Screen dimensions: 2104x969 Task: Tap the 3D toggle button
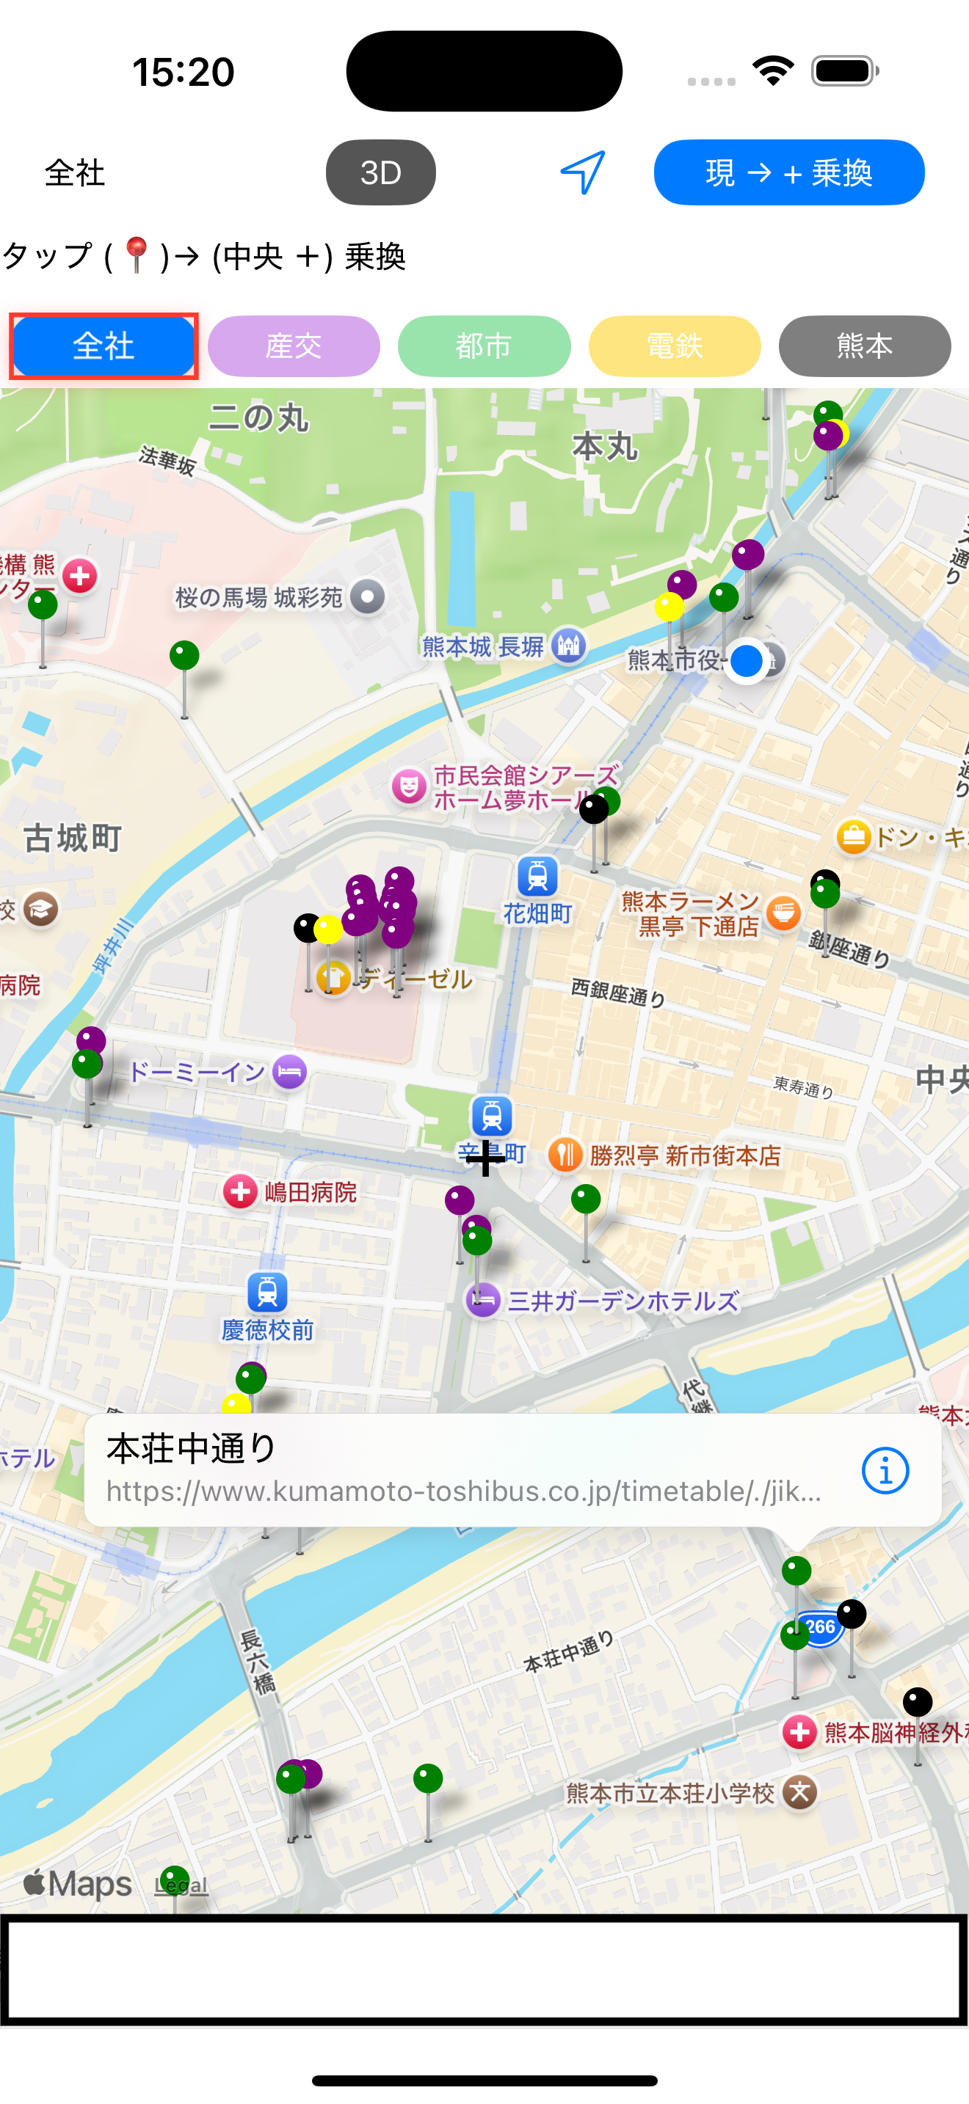[381, 172]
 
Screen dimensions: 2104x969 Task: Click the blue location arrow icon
[583, 172]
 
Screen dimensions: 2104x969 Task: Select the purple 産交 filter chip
[294, 346]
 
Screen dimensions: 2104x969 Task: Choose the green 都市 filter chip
[484, 346]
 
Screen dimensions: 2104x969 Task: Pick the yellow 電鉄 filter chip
[674, 346]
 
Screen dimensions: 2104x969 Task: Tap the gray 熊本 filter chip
[865, 346]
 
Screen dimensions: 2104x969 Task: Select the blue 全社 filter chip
[104, 346]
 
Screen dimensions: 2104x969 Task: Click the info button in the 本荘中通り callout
[885, 1470]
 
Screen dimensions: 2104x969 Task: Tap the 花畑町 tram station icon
[537, 877]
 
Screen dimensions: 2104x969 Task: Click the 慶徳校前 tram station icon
[267, 1292]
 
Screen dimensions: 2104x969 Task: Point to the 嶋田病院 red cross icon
[240, 1191]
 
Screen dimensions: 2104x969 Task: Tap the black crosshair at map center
[485, 1158]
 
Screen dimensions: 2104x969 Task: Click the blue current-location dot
[746, 661]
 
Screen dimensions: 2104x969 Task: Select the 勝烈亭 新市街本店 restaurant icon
[565, 1155]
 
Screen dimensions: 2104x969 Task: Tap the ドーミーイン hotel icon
[289, 1071]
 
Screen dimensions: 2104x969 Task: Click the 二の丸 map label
[259, 418]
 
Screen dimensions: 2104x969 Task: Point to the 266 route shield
[820, 1627]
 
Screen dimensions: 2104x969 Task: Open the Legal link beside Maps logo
[181, 1885]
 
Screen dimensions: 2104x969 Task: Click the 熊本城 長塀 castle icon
[569, 646]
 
